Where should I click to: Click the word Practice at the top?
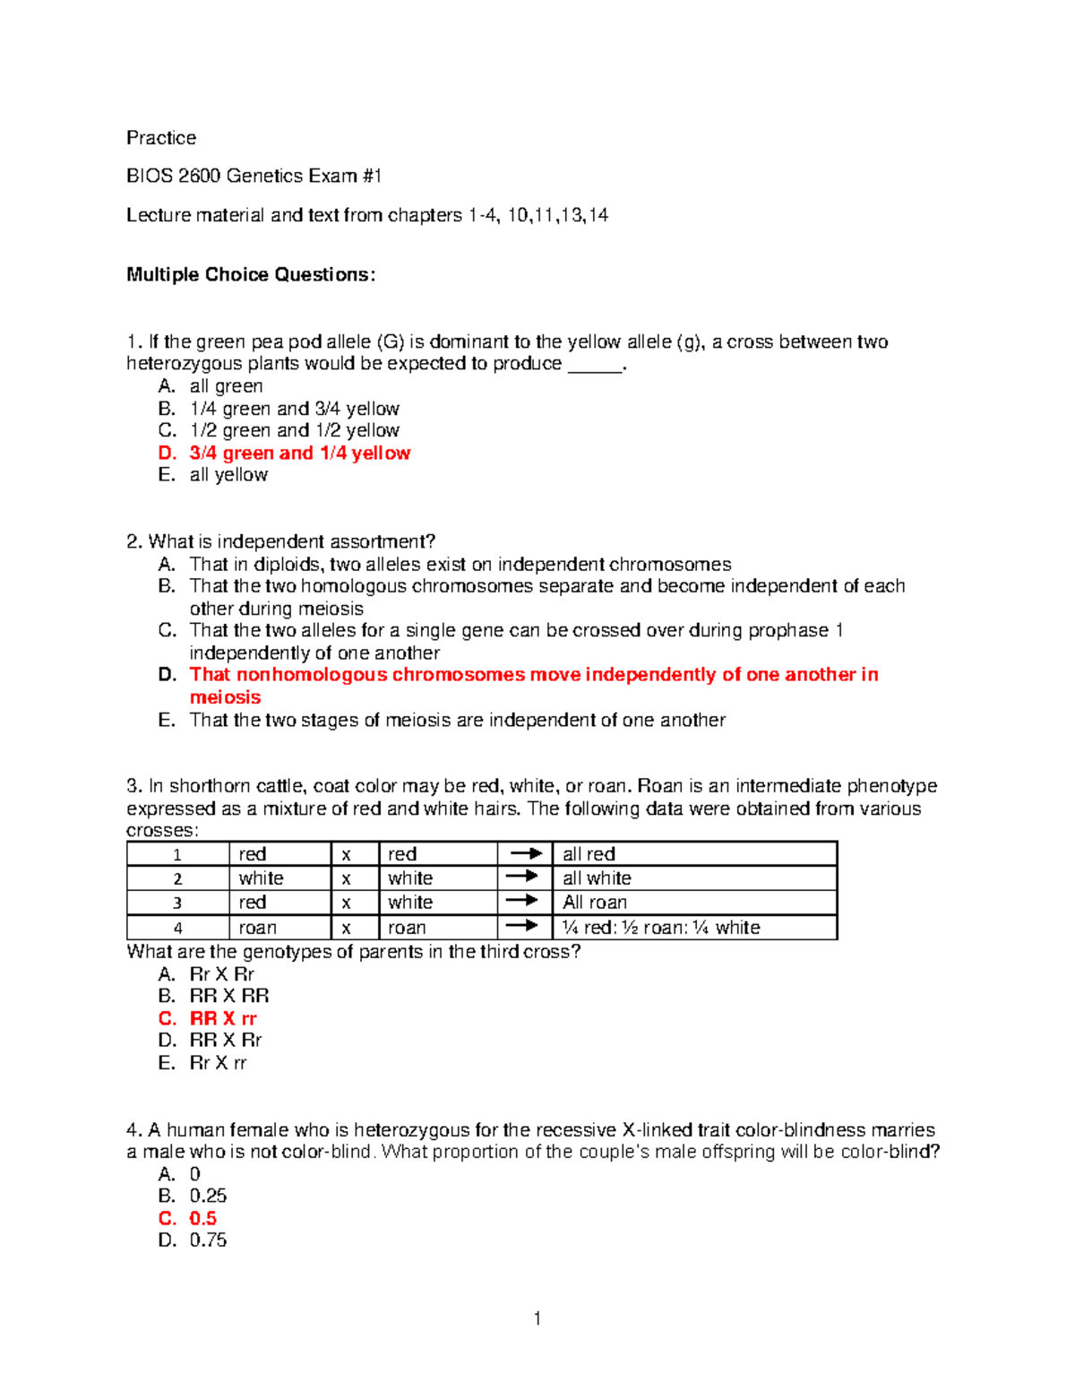coord(161,138)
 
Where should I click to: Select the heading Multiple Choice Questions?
coord(251,275)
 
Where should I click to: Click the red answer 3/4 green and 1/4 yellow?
coord(299,454)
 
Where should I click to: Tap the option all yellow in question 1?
coord(228,475)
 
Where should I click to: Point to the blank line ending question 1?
coord(595,366)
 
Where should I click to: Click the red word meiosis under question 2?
coord(225,697)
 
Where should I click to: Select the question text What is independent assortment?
coord(291,541)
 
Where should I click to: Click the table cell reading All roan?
coord(595,903)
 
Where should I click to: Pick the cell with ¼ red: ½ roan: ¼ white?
coord(661,928)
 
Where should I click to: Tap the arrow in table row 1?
coord(524,853)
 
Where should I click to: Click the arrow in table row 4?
coord(524,927)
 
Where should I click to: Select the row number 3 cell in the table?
coord(177,903)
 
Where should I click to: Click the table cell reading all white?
coord(597,878)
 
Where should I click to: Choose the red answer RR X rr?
coord(223,1019)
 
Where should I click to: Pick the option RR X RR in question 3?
coord(229,996)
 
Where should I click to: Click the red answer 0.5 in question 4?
coord(203,1219)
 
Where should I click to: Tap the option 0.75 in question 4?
coord(208,1241)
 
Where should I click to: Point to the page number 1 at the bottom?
coord(537,1319)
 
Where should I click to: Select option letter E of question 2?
coord(167,721)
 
